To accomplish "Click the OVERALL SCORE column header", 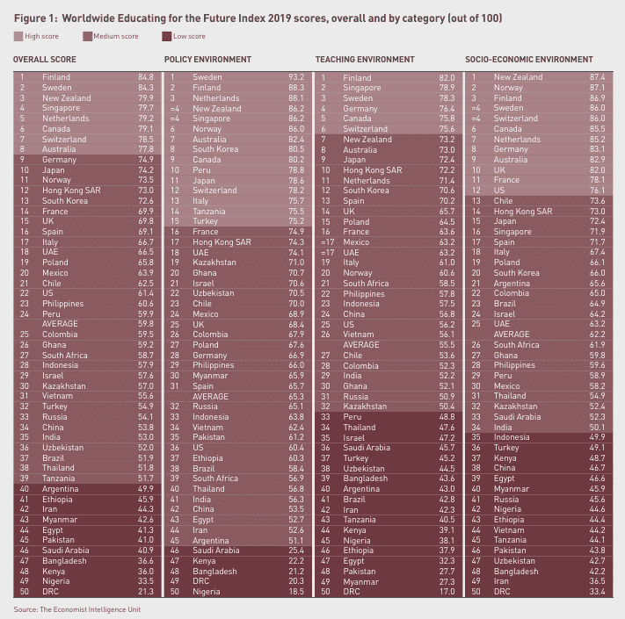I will click(44, 60).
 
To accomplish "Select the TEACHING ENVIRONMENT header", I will click(365, 60).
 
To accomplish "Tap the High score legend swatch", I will click(19, 36).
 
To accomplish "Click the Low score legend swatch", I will click(167, 36).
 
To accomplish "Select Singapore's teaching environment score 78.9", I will click(447, 88).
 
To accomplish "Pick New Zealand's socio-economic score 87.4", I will click(598, 77).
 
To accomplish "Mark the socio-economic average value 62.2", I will click(598, 334).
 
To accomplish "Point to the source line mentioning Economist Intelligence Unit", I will click(76, 608).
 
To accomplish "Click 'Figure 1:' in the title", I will click(34, 15).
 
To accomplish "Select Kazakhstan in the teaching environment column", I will click(365, 406).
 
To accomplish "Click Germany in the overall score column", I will click(59, 160).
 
